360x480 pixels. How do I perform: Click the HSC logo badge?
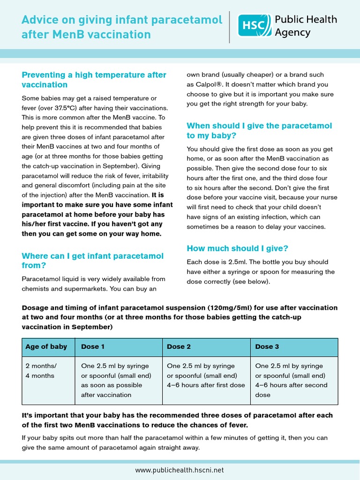point(253,25)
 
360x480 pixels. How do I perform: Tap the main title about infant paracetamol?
point(122,27)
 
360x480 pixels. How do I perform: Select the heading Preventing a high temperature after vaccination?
point(94,80)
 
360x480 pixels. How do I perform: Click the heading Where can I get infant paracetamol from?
point(92,261)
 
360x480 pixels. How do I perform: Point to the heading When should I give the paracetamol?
point(259,130)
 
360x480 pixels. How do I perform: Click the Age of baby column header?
point(46,347)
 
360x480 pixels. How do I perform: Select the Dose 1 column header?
point(90,347)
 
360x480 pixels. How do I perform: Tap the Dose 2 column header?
point(176,347)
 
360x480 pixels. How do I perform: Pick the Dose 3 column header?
point(267,347)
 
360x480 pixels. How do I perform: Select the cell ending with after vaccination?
point(115,380)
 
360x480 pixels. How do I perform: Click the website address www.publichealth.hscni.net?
point(180,470)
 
